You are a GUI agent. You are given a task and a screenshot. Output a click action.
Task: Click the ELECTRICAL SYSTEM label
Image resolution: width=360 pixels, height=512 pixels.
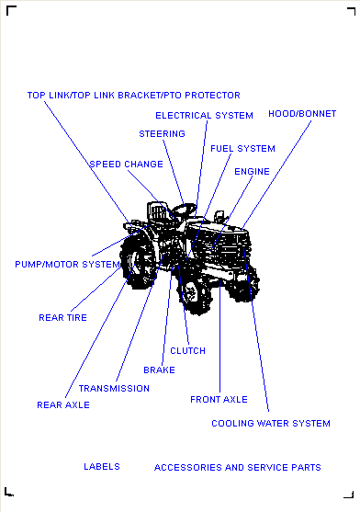tap(204, 116)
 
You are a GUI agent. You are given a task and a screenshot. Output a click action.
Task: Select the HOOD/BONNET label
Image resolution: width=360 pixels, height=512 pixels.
tap(302, 114)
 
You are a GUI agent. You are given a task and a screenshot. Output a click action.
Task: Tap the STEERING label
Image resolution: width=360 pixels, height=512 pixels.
tap(162, 134)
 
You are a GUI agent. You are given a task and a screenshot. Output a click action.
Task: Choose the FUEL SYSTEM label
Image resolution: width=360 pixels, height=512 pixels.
tap(243, 149)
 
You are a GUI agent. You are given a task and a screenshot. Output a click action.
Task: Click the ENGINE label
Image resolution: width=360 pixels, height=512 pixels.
tap(252, 172)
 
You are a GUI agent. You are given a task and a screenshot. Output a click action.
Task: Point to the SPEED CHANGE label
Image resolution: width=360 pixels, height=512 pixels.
tap(126, 165)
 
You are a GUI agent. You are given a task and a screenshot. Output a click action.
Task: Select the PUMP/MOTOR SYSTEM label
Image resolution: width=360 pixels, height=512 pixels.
tap(68, 265)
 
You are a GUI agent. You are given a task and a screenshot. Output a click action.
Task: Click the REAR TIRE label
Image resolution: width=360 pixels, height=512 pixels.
tap(63, 318)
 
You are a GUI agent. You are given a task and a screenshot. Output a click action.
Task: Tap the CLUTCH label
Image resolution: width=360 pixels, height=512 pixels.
tap(188, 351)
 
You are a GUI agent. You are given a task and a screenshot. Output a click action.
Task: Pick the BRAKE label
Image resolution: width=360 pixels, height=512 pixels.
tap(160, 370)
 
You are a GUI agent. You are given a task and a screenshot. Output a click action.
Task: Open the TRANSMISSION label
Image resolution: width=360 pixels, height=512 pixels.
tap(114, 389)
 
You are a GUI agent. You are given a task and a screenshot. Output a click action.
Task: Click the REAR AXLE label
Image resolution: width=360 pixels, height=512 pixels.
tap(63, 405)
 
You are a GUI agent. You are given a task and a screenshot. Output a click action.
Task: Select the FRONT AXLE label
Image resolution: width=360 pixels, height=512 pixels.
tap(219, 400)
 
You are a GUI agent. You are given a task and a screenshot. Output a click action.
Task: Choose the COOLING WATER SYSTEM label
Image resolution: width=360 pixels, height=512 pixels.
tap(271, 424)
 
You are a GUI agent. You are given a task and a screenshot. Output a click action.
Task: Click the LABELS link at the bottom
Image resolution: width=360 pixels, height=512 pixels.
tap(102, 467)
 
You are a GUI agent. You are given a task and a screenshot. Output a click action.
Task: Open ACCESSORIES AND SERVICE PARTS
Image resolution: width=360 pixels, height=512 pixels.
tap(238, 468)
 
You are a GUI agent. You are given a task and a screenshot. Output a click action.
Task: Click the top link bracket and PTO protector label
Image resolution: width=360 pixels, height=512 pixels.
tap(134, 96)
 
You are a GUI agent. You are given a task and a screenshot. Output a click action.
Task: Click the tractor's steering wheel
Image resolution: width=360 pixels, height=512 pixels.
tap(185, 209)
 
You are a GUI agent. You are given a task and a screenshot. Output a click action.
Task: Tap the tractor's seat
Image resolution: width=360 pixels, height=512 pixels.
tap(159, 211)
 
